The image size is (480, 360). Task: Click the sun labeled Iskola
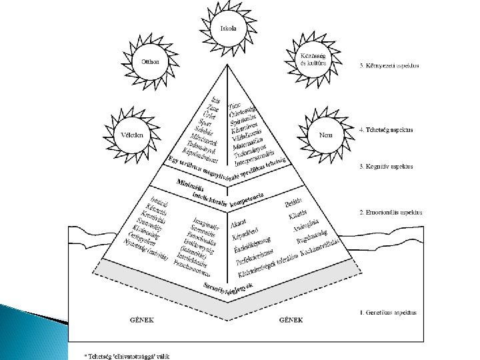pyautogui.click(x=229, y=29)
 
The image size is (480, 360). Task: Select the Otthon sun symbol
pyautogui.click(x=150, y=62)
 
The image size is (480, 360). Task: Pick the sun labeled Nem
pyautogui.click(x=326, y=135)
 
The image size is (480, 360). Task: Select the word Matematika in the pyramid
pyautogui.click(x=249, y=142)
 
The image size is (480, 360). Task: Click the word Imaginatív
pyautogui.click(x=203, y=223)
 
